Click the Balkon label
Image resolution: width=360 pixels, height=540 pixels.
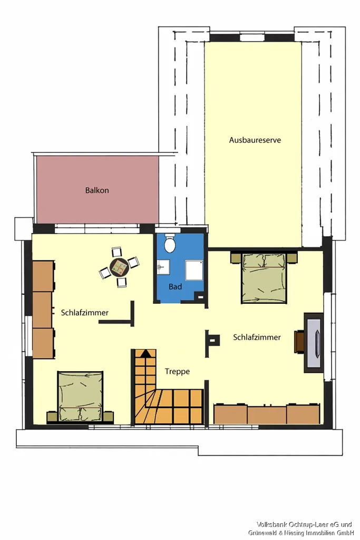(97, 190)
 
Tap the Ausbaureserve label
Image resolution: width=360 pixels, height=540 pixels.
(255, 140)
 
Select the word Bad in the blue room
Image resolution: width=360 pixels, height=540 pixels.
(175, 286)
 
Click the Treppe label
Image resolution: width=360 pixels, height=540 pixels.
(177, 371)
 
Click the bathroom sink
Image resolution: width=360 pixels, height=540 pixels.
(163, 267)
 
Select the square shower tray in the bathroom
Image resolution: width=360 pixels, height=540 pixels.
(194, 271)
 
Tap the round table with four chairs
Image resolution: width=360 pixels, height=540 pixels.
(119, 266)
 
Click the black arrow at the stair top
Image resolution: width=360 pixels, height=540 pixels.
(145, 353)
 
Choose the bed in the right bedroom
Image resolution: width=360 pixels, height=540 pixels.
(264, 278)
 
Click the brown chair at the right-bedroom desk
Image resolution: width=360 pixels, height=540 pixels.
(299, 342)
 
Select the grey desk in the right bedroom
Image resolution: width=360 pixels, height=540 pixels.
(314, 343)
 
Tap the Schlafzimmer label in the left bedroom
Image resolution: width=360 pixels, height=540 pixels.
(85, 313)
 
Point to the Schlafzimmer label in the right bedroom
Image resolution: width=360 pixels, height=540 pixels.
(257, 337)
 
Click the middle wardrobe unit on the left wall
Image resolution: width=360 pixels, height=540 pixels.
(43, 310)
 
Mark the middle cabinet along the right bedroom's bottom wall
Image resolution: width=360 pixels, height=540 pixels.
(267, 414)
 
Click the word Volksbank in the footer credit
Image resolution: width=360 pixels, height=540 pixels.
(271, 525)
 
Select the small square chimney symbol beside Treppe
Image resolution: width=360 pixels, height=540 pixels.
(213, 341)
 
